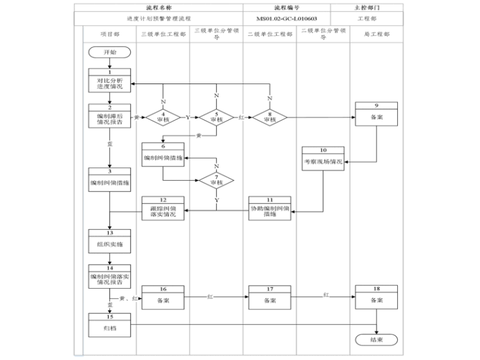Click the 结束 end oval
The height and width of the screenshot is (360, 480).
377,339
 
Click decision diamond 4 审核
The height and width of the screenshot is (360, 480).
162,117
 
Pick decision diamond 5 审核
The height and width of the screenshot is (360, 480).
216,117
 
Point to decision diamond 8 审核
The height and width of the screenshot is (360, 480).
270,117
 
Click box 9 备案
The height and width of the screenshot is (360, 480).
377,114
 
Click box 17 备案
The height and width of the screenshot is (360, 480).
270,297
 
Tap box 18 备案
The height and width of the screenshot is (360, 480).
377,297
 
